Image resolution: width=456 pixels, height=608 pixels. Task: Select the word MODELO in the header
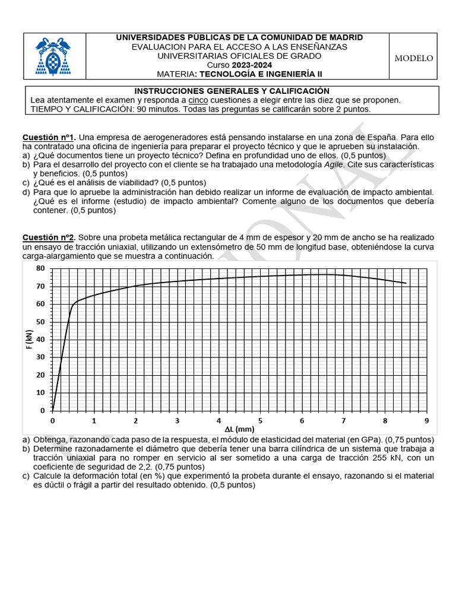point(414,58)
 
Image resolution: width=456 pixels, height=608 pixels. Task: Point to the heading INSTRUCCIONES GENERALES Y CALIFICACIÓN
point(232,91)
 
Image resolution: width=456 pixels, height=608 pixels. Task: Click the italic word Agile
point(334,164)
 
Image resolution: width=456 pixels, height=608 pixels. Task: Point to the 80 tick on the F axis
point(40,268)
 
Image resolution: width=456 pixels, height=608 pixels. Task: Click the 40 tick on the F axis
point(40,340)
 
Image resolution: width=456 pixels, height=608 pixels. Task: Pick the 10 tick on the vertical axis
point(40,392)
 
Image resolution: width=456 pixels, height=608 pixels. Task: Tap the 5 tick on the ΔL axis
point(260,421)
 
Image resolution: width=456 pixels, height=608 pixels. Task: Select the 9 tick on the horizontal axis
point(426,421)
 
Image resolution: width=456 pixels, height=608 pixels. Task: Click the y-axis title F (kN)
point(29,340)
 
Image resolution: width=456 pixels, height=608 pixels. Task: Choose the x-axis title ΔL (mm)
point(239,429)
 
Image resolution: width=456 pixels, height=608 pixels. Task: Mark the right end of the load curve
point(406,283)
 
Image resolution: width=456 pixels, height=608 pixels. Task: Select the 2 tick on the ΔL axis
point(135,421)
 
